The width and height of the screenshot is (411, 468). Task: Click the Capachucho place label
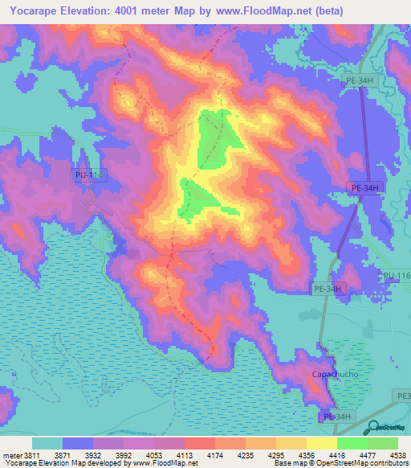336,376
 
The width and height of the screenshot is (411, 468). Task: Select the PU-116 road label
397,277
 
